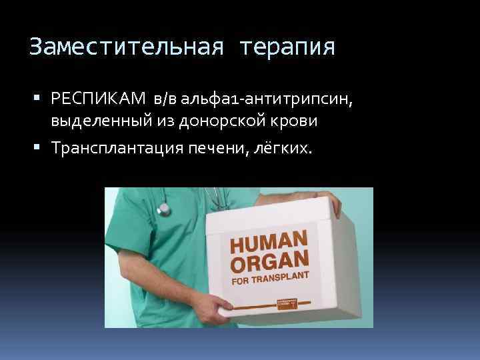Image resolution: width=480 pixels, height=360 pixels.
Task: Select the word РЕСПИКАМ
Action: point(100,99)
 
